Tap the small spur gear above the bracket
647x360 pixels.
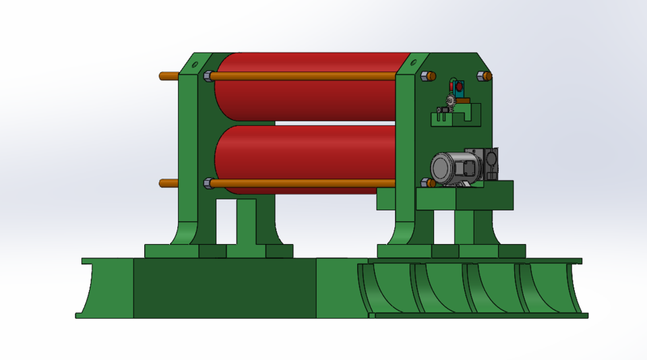[x=451, y=101]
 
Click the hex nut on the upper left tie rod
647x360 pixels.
[x=207, y=76]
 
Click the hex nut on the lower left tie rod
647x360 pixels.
[x=207, y=183]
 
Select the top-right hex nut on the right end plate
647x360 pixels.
[x=484, y=76]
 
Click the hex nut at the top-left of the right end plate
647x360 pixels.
[x=426, y=76]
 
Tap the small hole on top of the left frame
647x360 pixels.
[x=195, y=65]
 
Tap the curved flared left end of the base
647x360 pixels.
[x=91, y=290]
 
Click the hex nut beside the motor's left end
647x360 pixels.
[x=425, y=182]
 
